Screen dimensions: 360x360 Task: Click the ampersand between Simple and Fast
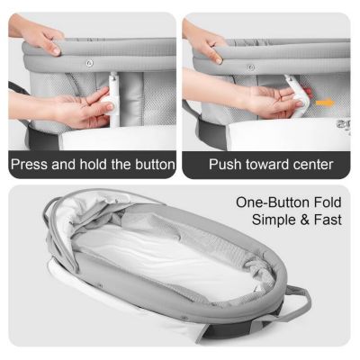pyautogui.click(x=303, y=220)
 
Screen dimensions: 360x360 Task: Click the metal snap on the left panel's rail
pyautogui.click(x=88, y=63)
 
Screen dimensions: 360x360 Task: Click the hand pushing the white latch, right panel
pyautogui.click(x=270, y=101)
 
